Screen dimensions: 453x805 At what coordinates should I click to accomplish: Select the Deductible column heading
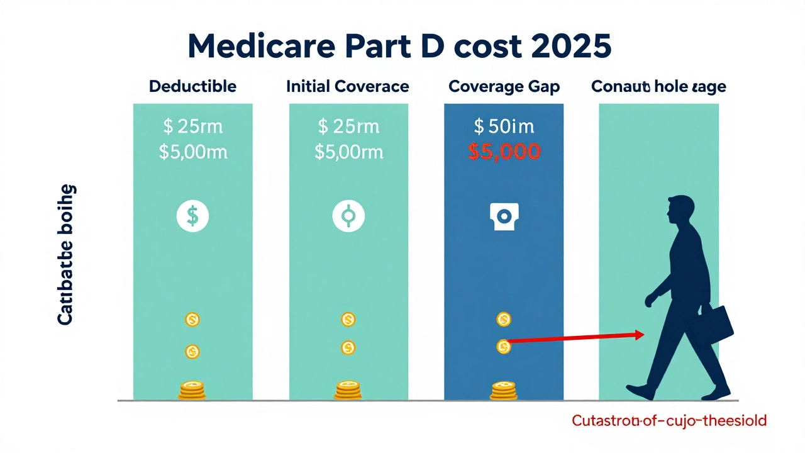[192, 86]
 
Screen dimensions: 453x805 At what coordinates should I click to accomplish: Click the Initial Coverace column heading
[348, 86]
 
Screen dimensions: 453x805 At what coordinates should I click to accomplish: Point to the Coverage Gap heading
[504, 86]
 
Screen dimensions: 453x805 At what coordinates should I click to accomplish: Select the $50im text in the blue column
[504, 126]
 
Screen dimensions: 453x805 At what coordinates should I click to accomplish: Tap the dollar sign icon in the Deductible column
[192, 216]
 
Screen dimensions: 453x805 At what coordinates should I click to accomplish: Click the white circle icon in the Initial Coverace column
[348, 216]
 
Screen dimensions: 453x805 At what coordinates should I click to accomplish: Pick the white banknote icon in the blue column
[503, 216]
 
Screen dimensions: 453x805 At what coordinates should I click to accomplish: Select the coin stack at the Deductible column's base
[192, 390]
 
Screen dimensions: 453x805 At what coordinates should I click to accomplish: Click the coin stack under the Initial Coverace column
[348, 390]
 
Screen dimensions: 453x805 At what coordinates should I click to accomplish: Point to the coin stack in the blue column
[503, 390]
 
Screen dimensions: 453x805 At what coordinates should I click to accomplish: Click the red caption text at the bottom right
[669, 420]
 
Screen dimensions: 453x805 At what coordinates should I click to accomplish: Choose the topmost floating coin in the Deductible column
[192, 320]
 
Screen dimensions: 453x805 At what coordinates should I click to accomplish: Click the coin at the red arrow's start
[503, 345]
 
